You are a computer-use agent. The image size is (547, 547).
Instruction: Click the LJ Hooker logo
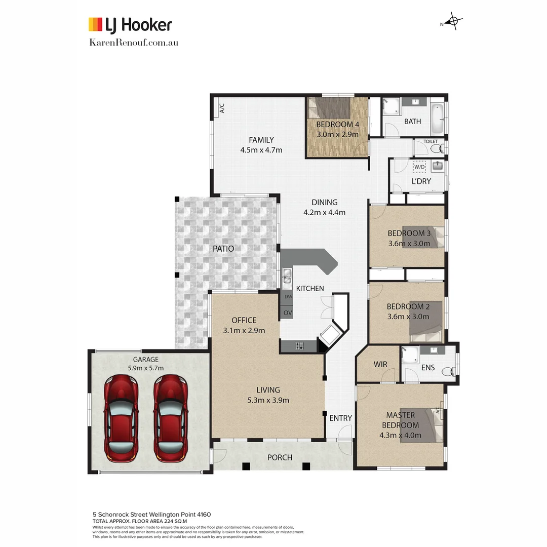[130, 24]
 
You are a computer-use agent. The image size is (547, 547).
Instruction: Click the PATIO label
[223, 249]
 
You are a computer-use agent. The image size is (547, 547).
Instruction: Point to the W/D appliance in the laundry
[419, 166]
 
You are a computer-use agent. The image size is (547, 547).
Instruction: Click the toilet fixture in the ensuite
[448, 372]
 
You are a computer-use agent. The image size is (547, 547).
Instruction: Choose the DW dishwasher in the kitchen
[288, 297]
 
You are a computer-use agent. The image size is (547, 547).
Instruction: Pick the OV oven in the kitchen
[288, 313]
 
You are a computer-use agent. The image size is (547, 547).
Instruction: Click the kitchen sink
[287, 277]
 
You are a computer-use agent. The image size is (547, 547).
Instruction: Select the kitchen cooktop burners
[299, 346]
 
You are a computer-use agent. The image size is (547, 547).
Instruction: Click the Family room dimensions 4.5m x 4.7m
[261, 150]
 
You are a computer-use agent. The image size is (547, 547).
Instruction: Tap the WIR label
[380, 364]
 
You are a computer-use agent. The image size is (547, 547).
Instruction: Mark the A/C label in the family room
[222, 108]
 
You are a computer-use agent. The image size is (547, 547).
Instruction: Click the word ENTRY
[340, 418]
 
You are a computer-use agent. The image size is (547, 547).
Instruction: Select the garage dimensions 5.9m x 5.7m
[146, 368]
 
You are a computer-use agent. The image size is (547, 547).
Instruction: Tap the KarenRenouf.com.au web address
[133, 42]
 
